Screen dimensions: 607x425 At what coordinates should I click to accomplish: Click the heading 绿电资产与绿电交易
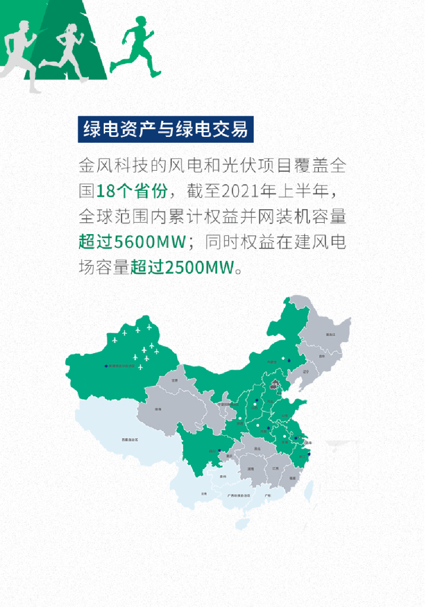click(x=165, y=129)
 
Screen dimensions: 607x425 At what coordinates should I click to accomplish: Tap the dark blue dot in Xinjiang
click(x=106, y=366)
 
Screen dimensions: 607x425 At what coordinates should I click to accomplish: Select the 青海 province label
click(x=158, y=409)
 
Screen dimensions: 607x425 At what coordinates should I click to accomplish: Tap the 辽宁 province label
click(x=306, y=372)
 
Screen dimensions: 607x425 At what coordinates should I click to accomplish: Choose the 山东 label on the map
click(x=285, y=417)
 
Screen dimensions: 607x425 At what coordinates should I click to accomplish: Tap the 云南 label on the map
click(x=203, y=493)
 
